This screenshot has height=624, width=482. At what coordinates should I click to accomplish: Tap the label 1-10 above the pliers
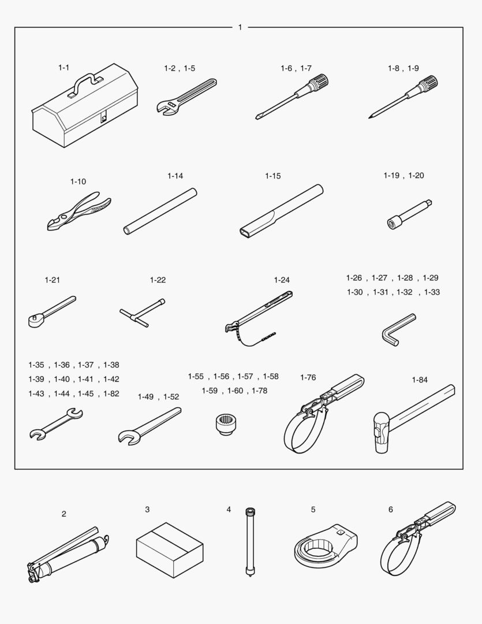pos(78,181)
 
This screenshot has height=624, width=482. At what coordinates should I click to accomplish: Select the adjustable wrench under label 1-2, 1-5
pos(186,96)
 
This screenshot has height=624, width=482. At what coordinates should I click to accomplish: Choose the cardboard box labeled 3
pos(170,550)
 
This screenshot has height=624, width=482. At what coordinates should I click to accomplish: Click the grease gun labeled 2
pos(68,555)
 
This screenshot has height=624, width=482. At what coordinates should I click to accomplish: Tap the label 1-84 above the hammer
pos(420,380)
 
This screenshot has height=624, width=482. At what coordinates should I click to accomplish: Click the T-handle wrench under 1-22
pos(143,313)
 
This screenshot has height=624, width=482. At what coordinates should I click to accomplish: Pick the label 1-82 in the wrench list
pos(111,393)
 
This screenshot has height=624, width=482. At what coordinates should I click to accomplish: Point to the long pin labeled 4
pos(250,543)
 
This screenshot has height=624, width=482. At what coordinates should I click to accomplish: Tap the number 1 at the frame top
pos(240,27)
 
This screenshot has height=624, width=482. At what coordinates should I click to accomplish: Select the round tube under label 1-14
pos(160,211)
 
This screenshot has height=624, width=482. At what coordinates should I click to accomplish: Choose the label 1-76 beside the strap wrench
pos(308,377)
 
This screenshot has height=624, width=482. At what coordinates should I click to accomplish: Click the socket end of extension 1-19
pos(394,222)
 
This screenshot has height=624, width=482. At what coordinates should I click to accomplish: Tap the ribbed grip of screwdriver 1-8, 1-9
pos(429,84)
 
